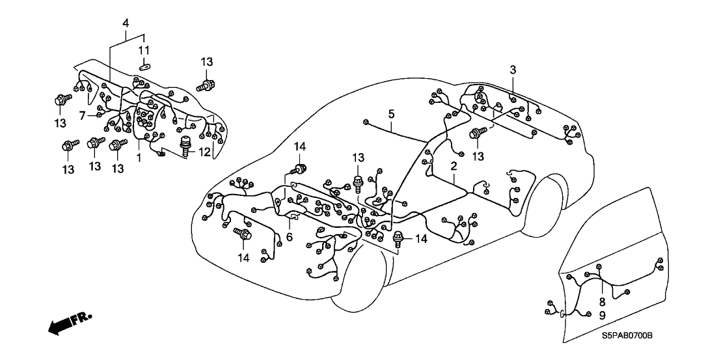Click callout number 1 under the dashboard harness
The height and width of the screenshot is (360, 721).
click(x=138, y=158)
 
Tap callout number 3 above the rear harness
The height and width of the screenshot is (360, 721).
click(x=513, y=70)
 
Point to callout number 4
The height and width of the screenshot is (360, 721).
click(x=126, y=24)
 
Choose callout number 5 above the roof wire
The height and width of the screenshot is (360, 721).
click(x=391, y=114)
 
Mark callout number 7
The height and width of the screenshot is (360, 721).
click(x=83, y=115)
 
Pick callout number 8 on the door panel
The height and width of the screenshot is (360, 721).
click(x=603, y=301)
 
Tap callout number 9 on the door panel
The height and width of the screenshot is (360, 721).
click(x=603, y=315)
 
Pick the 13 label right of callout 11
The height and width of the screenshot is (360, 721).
click(x=206, y=62)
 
